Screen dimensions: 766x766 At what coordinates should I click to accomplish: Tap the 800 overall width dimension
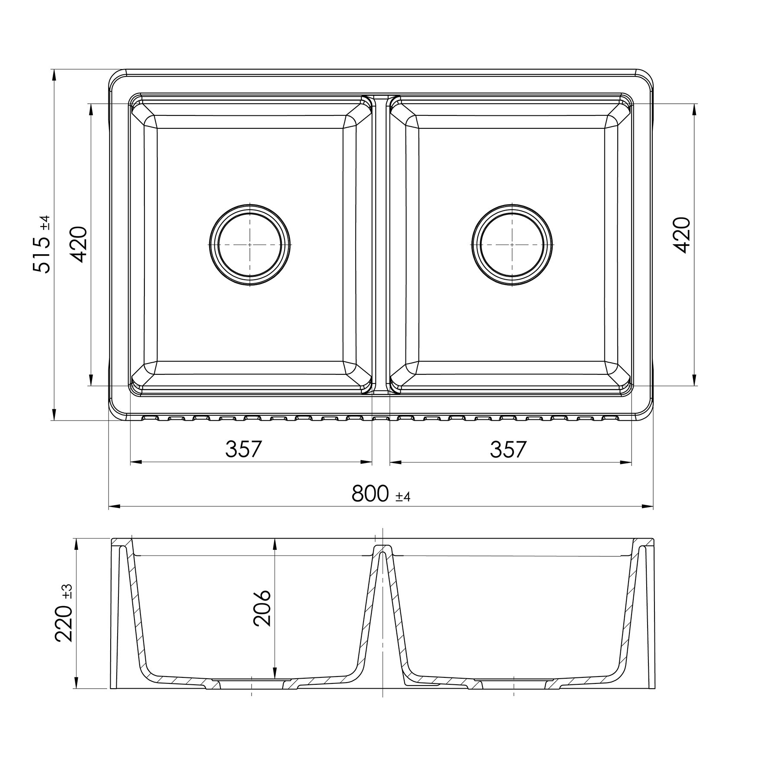pos(370,493)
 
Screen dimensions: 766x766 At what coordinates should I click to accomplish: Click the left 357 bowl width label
pos(244,450)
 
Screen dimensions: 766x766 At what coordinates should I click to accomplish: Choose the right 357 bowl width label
pos(508,450)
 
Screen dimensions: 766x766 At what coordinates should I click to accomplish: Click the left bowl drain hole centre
pos(249,244)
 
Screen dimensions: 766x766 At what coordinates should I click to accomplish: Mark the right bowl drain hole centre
pos(512,244)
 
